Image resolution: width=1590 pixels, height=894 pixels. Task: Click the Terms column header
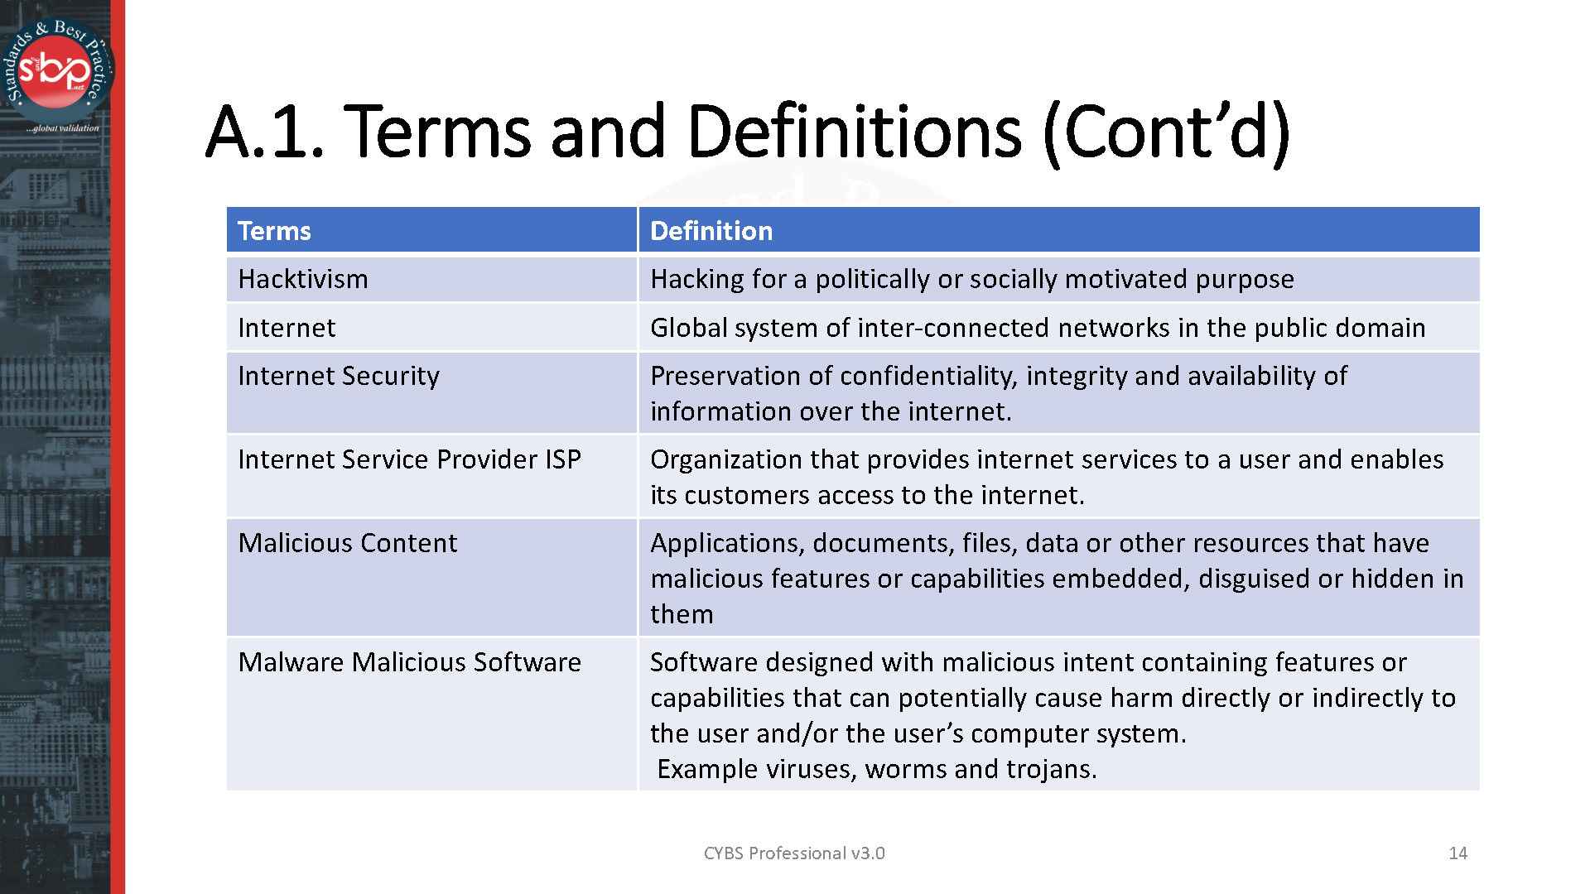[x=274, y=231]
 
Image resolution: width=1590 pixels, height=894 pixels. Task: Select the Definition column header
[x=711, y=231]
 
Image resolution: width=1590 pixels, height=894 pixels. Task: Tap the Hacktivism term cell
[x=302, y=279]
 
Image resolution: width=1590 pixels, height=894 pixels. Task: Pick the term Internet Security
[x=338, y=376]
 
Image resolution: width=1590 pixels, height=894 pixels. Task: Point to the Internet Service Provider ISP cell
[x=409, y=459]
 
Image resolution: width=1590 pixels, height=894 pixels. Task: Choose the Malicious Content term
[x=347, y=543]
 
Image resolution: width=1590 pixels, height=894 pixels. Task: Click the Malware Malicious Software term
[x=409, y=662]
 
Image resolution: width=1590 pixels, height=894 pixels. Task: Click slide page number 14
[x=1457, y=853]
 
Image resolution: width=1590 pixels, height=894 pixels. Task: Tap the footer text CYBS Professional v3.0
[x=793, y=853]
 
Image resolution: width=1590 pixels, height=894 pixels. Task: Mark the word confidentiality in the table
[x=928, y=376]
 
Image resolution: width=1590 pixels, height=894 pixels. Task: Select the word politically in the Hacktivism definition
[x=872, y=279]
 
